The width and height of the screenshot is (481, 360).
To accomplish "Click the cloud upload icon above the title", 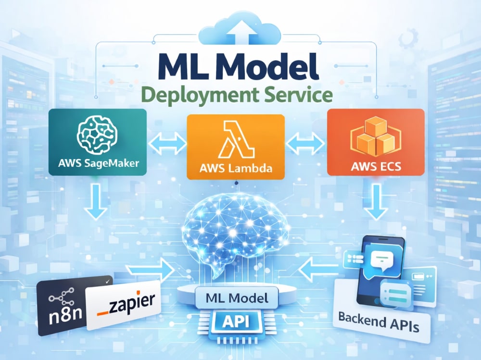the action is [x=240, y=29].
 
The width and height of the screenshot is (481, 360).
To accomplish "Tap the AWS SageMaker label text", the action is [x=99, y=163].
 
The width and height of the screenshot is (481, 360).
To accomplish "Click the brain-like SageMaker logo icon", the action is [x=97, y=135].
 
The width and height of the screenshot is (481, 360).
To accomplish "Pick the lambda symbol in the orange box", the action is [x=236, y=139].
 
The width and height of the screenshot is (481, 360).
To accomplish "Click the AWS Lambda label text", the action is [x=236, y=168].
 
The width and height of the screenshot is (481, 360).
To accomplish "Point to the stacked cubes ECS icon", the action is [x=376, y=137].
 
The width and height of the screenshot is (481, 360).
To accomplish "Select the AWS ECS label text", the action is [x=376, y=166].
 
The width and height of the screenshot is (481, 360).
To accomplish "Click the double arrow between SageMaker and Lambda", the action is [x=167, y=143].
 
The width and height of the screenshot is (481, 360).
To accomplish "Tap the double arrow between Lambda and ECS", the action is [x=305, y=143].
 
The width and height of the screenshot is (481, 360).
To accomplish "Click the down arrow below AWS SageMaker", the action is [x=96, y=201].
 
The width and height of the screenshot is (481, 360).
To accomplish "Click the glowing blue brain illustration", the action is [x=236, y=230].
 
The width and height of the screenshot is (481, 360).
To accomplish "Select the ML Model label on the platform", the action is [x=237, y=298].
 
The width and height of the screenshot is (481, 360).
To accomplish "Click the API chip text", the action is [x=236, y=322].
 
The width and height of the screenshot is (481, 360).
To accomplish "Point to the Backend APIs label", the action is [x=379, y=322].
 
